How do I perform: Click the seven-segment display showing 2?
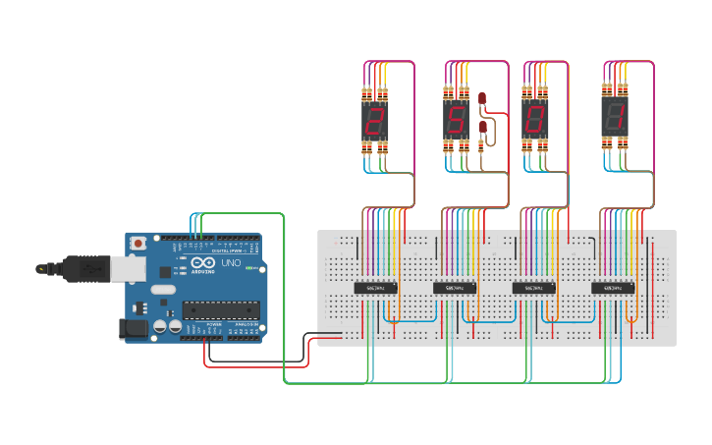374,121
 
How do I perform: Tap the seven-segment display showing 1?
615,119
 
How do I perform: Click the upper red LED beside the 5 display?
482,97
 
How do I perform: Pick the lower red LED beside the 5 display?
482,128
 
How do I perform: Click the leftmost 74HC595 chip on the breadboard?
374,288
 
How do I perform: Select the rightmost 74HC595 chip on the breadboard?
612,288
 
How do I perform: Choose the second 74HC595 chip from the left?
454,288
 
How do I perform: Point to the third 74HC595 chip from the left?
533,288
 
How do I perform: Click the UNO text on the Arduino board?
230,264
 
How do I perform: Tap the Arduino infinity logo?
203,264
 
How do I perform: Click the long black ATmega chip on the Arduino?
220,309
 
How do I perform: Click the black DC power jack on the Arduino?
132,329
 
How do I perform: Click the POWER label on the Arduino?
214,324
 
